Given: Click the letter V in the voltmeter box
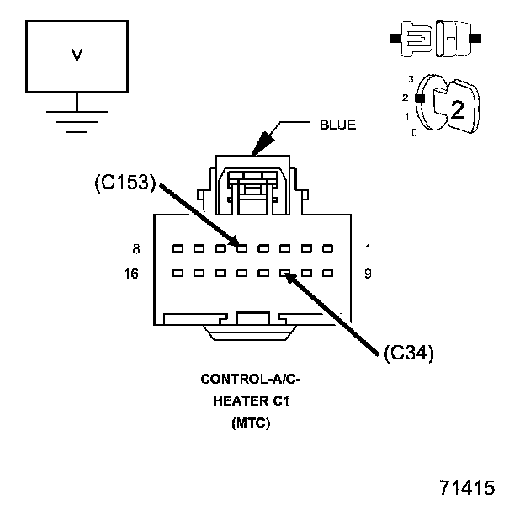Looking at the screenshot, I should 77,56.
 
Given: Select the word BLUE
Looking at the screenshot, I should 337,125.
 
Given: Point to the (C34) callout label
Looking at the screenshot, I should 408,353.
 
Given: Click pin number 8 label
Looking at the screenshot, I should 136,249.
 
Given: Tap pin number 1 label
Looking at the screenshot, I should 368,249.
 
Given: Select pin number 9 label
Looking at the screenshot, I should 368,274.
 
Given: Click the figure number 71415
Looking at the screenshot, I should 466,487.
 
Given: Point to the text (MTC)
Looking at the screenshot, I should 250,423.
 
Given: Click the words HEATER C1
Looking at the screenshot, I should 250,401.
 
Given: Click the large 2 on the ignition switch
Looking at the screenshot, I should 457,109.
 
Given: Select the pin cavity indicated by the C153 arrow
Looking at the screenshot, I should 241,248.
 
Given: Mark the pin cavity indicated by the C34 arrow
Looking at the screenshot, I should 285,274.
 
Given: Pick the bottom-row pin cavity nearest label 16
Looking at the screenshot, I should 177,274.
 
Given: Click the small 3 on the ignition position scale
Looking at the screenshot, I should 411,78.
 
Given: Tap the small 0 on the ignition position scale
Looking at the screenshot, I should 412,133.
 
